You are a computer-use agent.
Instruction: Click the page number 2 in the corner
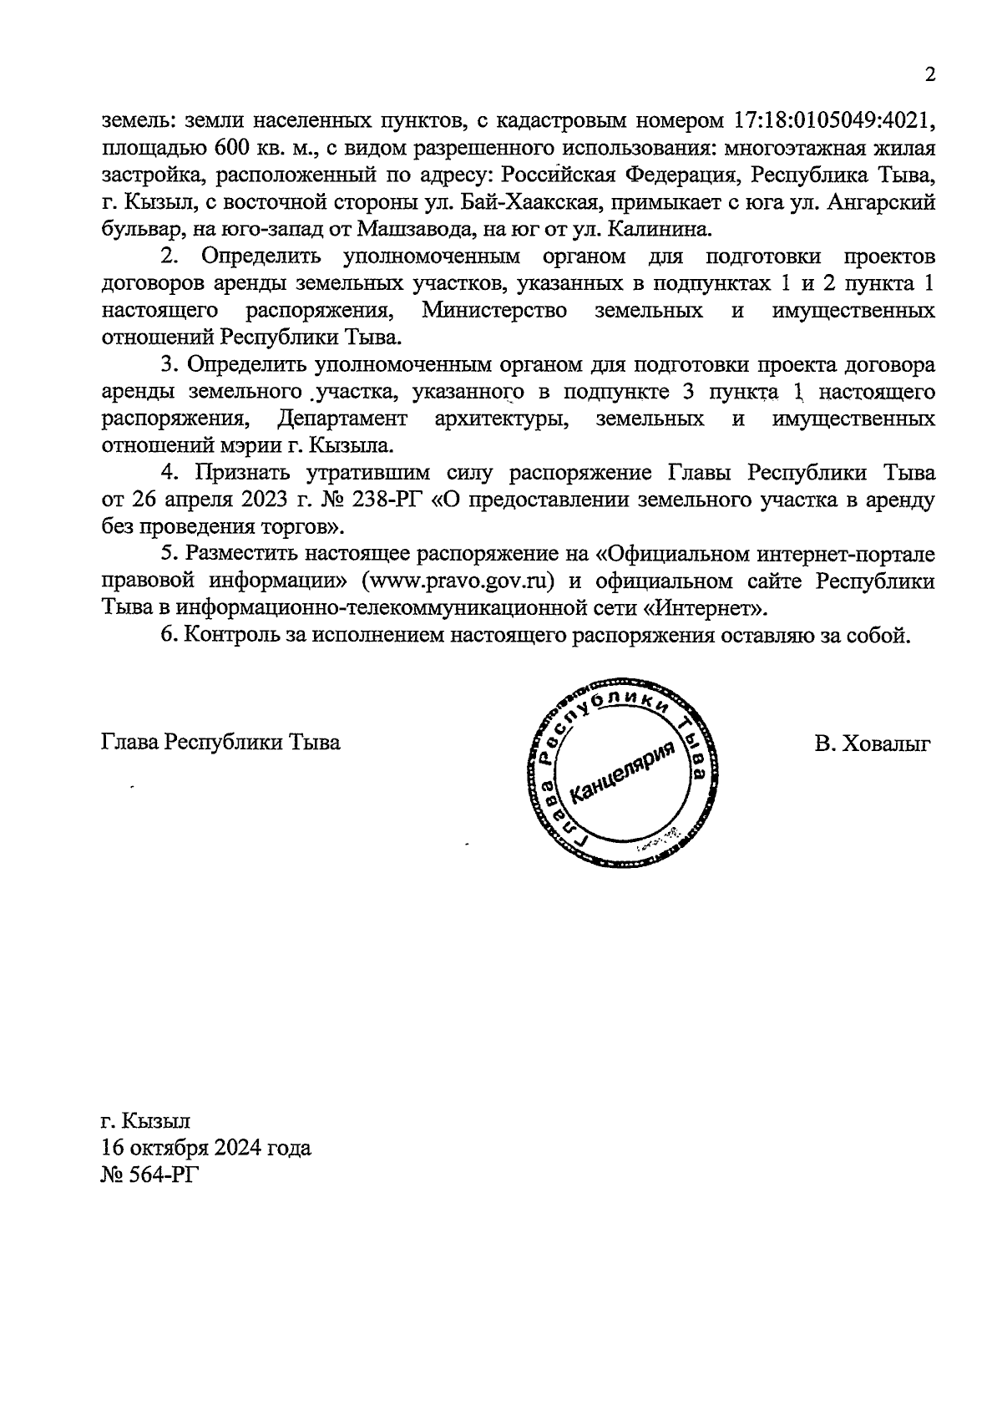(x=929, y=75)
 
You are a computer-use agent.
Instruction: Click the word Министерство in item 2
(x=494, y=311)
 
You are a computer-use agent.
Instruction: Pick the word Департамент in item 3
(x=342, y=418)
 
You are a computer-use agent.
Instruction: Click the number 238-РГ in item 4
(x=387, y=500)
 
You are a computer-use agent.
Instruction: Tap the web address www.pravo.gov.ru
(x=458, y=581)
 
